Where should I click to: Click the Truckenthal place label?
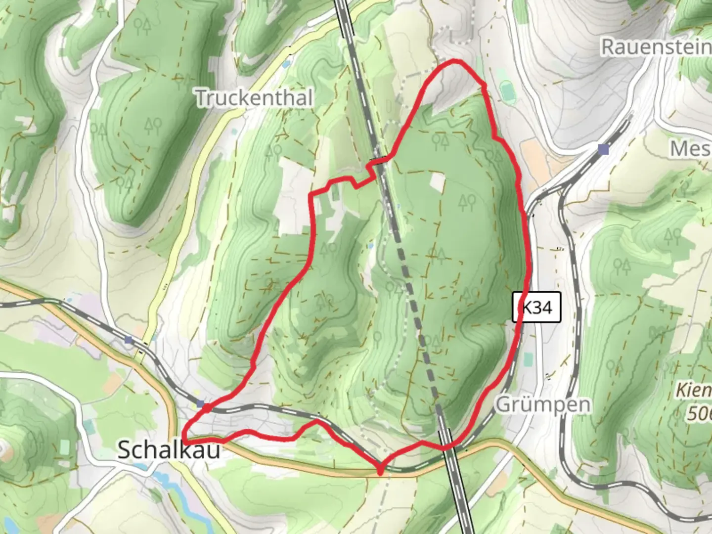254,98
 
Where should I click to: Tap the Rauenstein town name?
656,47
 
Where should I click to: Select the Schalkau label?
169,450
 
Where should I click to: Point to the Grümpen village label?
543,404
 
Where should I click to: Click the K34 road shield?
536,308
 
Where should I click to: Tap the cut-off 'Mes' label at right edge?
690,148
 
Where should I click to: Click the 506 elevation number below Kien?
698,413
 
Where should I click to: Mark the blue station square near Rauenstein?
603,149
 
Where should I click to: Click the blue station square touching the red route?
201,404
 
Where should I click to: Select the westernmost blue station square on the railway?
129,340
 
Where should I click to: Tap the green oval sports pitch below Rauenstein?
507,91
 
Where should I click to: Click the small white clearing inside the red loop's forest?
437,181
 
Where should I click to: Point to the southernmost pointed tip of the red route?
380,472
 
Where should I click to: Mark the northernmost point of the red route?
456,61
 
